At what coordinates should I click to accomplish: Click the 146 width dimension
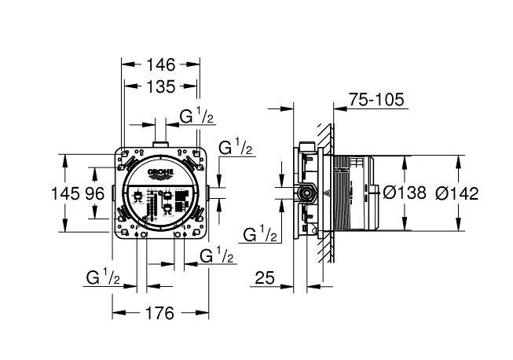point(160,64)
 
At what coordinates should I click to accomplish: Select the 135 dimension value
point(160,86)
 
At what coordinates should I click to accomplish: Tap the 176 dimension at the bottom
point(159,314)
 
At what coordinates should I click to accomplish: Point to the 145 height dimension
point(65,193)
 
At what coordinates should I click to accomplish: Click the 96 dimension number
point(95,193)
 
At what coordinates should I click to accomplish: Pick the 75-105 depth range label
point(376,99)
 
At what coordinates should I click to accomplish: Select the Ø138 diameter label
point(405,193)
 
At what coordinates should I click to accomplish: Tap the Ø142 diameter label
point(457,193)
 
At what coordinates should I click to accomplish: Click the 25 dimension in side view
point(265,277)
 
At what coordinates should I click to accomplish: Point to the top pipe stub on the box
point(160,145)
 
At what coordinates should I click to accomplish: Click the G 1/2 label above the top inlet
point(196,116)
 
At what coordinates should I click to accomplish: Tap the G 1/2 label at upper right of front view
point(236,147)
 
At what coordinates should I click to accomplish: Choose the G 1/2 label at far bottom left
point(103,277)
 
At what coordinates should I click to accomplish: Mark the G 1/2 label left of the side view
point(260,233)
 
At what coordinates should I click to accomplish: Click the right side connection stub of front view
point(207,193)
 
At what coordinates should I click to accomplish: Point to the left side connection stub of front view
point(113,193)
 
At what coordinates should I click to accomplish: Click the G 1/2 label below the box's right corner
point(217,255)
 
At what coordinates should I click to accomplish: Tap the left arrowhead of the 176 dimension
point(119,313)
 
